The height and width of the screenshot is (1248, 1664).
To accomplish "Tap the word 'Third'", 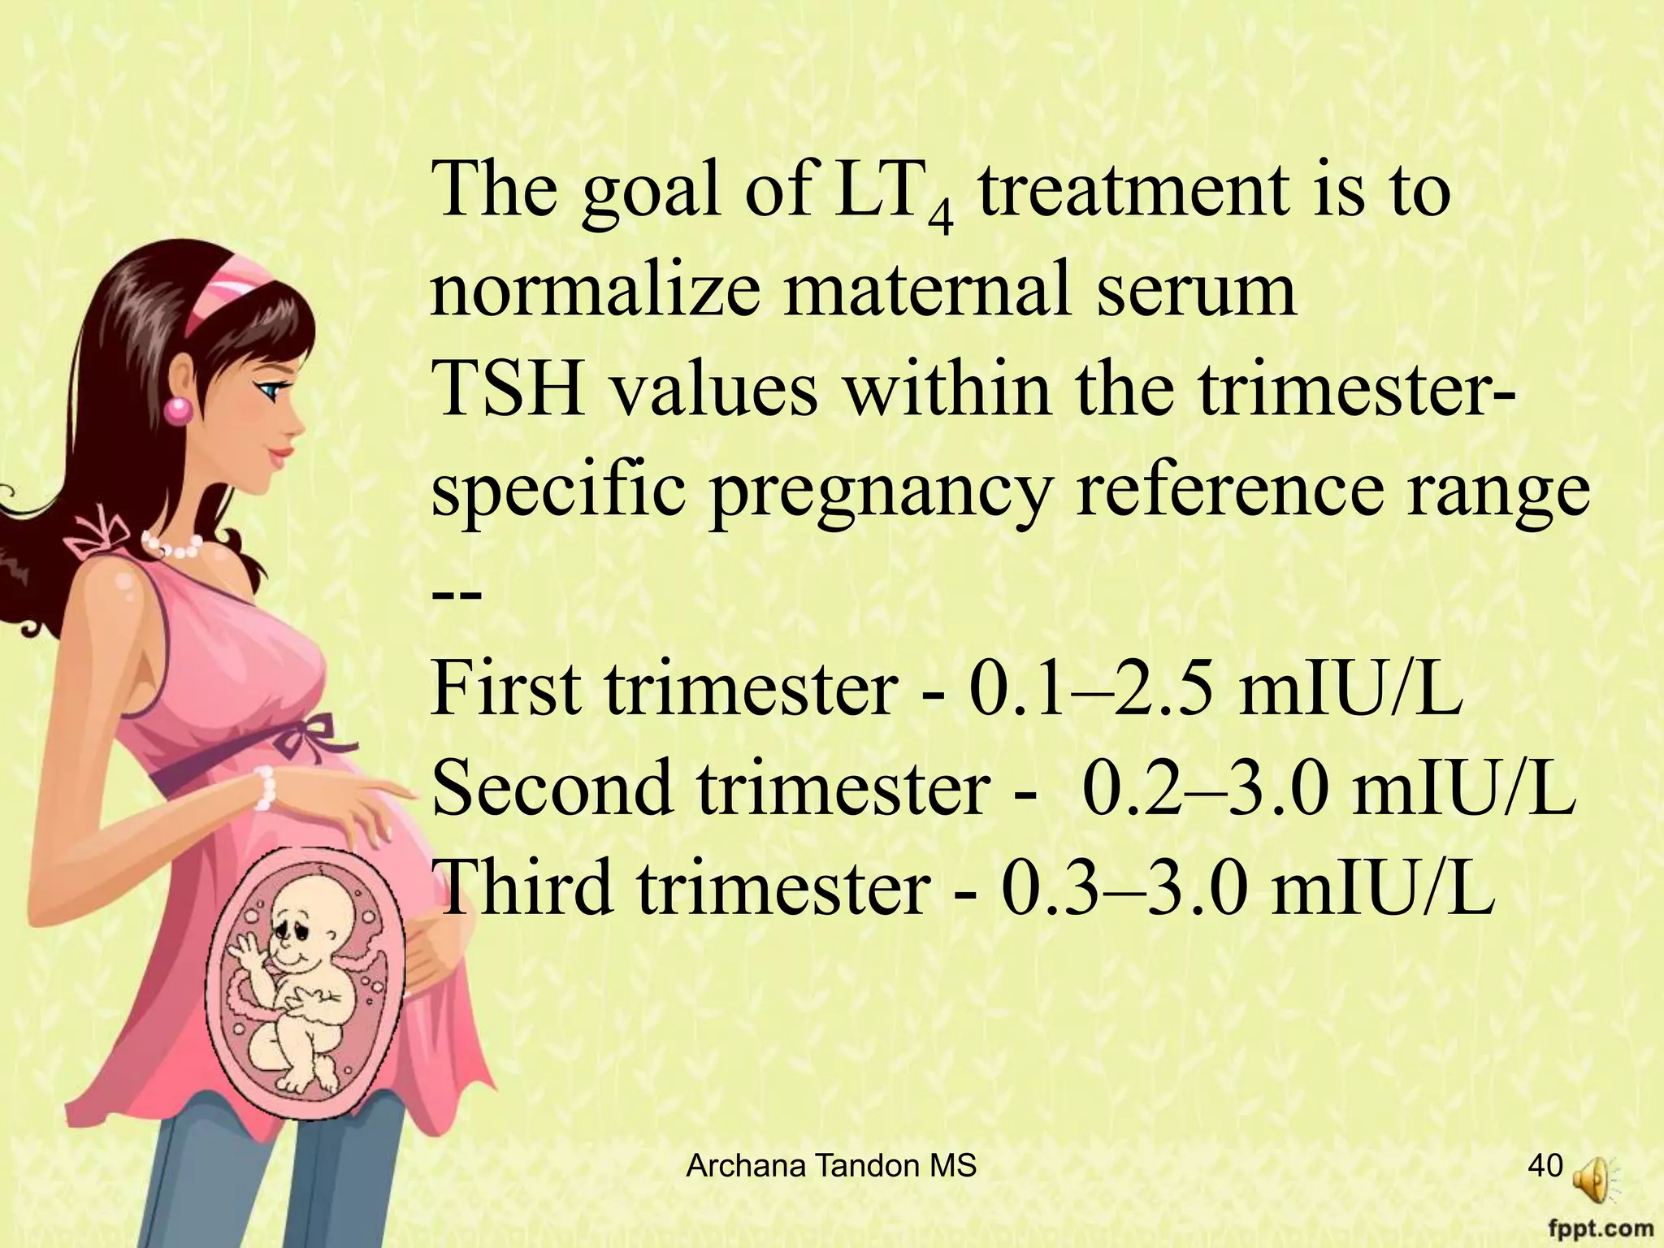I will (x=524, y=886).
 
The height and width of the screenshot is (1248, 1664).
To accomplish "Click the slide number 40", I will (x=1545, y=1166).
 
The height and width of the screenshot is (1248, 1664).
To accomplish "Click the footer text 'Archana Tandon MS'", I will (x=831, y=1167).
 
